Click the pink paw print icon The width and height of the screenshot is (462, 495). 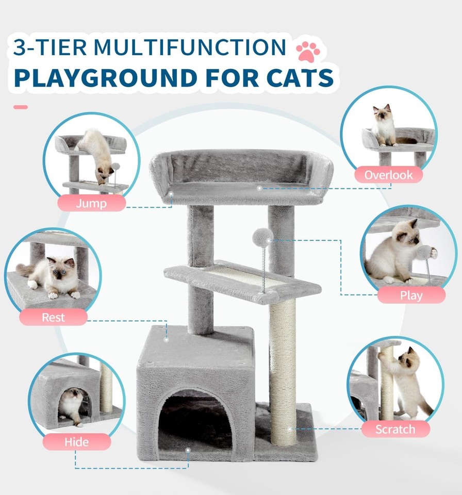click(x=308, y=52)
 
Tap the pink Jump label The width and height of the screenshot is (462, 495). click(x=91, y=203)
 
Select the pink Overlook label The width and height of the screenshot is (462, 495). click(x=388, y=175)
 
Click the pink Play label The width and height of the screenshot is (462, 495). click(x=411, y=295)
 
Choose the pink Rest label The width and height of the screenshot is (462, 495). click(x=53, y=317)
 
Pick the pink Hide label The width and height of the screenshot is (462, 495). click(x=76, y=442)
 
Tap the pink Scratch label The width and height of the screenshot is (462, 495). click(x=395, y=429)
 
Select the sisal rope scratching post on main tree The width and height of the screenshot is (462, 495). click(x=283, y=371)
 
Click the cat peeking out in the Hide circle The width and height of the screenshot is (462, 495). click(x=72, y=405)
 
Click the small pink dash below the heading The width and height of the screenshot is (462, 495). click(x=21, y=107)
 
